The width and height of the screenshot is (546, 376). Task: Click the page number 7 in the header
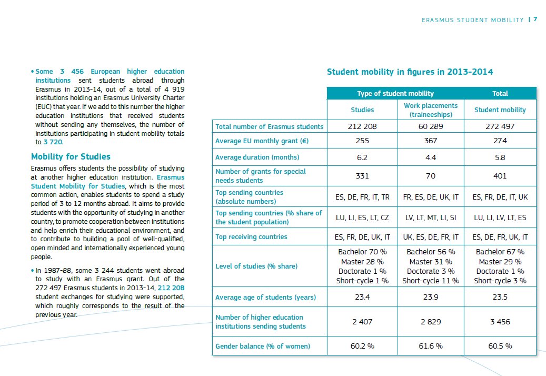coord(535,19)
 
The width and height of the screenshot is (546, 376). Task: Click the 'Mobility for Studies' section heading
coord(71,157)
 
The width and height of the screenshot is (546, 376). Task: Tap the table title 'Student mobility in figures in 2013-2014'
coord(410,72)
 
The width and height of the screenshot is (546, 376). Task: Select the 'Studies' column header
coord(362,110)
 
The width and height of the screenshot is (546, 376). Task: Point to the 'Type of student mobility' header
coord(395,94)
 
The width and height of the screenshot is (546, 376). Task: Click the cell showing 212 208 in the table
coord(362,126)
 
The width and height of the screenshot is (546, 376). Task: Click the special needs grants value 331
coord(362,176)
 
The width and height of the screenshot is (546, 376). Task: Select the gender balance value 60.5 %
coord(500,346)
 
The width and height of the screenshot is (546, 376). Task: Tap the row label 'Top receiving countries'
coord(251,237)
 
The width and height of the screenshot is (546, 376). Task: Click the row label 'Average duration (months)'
coord(257,157)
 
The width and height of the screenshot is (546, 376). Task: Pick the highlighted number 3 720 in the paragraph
coord(53,142)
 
